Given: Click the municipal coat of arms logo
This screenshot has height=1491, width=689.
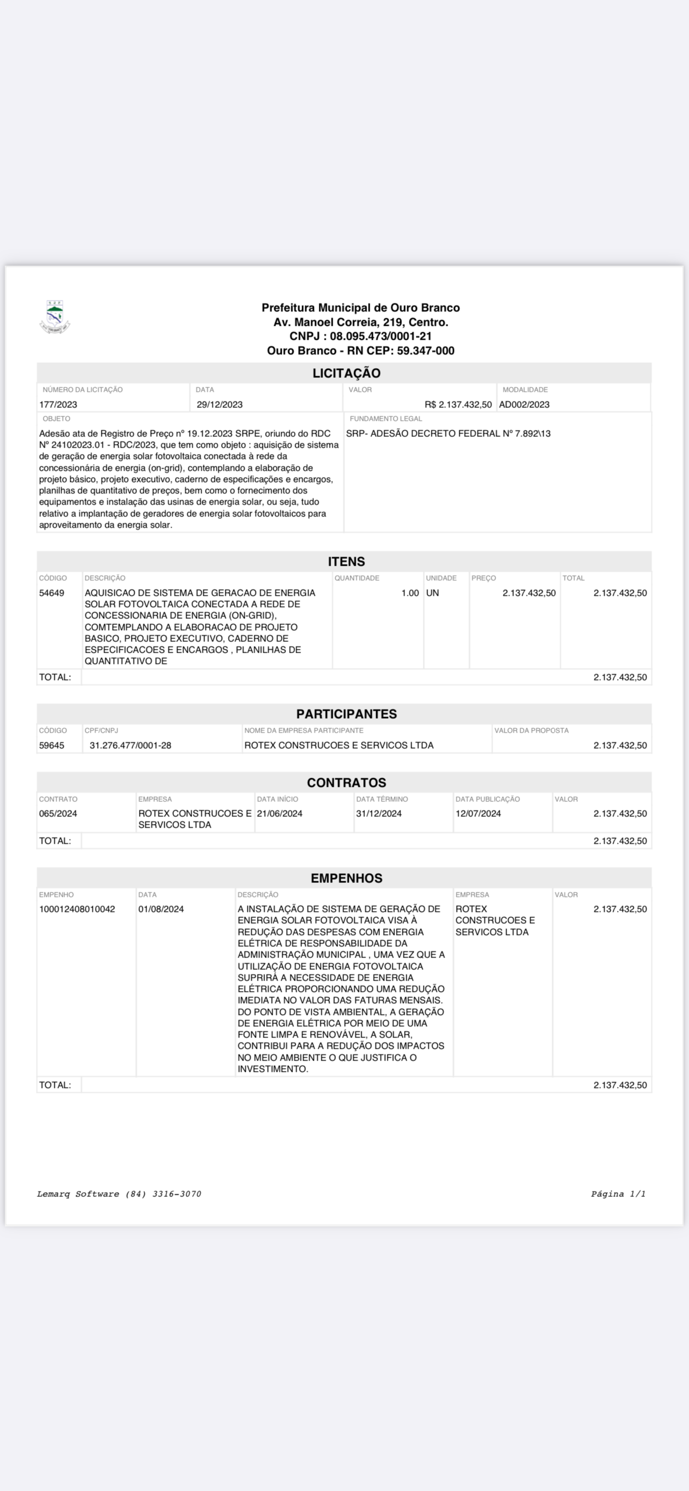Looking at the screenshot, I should tap(54, 317).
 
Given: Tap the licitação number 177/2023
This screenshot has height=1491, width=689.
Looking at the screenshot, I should tap(58, 405).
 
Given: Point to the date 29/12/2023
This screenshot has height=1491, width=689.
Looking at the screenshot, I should tap(219, 405).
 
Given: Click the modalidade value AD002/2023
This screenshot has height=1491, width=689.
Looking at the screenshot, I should tap(524, 405).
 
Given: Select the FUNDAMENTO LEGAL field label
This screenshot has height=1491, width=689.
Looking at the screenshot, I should tap(385, 419).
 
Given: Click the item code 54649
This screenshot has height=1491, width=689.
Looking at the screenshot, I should tap(52, 593).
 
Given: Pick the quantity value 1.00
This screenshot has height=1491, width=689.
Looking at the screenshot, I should tap(409, 593).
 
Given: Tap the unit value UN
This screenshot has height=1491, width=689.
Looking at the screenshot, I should tap(432, 593).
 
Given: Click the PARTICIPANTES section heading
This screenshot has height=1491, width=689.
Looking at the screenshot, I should tap(346, 714).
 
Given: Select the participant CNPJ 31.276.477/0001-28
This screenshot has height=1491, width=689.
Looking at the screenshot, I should tap(130, 745).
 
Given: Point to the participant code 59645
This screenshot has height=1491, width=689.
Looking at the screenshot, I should tap(52, 745).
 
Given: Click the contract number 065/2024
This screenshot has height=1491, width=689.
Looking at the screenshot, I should tap(58, 813).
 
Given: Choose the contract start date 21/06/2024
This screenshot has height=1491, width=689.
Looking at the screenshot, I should tap(280, 813).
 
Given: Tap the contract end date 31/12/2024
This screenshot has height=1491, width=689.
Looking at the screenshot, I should tap(378, 813).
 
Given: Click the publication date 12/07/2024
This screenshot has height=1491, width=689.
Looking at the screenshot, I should tap(478, 813).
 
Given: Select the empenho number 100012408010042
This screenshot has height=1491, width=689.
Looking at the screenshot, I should tap(77, 909).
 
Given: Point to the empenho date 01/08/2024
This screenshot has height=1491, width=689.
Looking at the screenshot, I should tap(161, 909).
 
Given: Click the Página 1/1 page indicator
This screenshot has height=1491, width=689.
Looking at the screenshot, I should tap(618, 1194).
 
